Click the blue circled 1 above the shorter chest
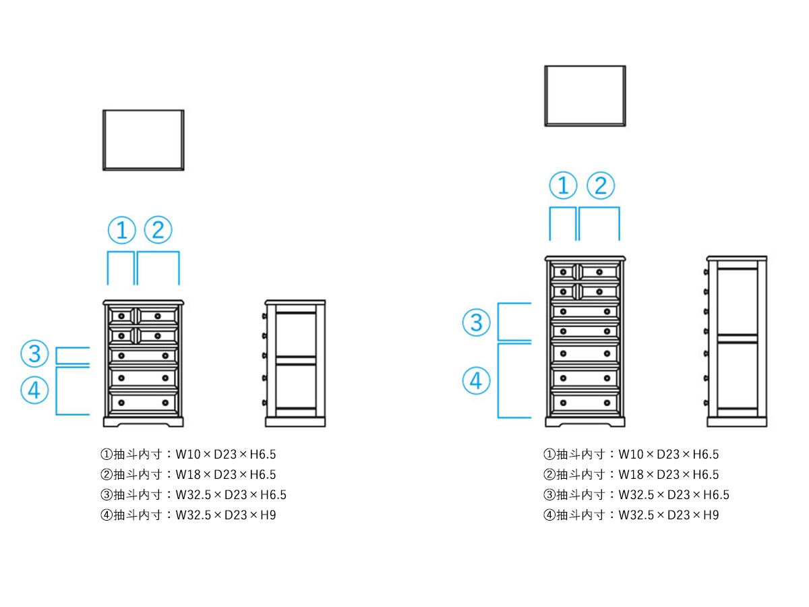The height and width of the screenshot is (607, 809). pyautogui.click(x=121, y=231)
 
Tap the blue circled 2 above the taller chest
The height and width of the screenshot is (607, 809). pyautogui.click(x=601, y=185)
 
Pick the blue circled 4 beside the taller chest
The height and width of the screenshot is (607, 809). pyautogui.click(x=476, y=381)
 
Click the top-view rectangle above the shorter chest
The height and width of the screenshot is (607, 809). pyautogui.click(x=143, y=140)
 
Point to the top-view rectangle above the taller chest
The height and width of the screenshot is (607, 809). pyautogui.click(x=585, y=96)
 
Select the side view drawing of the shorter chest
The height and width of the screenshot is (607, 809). pyautogui.click(x=295, y=364)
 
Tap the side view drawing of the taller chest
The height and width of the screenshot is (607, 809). pyautogui.click(x=737, y=341)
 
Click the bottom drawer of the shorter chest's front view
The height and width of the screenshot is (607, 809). pyautogui.click(x=143, y=403)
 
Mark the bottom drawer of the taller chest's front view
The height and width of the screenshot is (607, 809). pyautogui.click(x=585, y=403)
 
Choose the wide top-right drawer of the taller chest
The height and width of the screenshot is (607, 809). pyautogui.click(x=599, y=272)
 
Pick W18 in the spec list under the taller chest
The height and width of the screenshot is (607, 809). pyautogui.click(x=629, y=475)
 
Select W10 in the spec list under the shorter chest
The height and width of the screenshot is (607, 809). pyautogui.click(x=186, y=455)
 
